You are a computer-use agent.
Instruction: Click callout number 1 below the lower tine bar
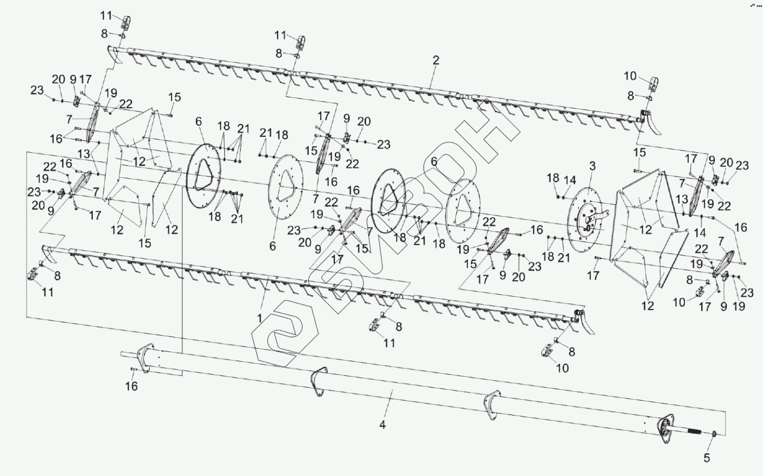pyautogui.click(x=259, y=319)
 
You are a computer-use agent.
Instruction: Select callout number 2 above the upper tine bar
pyautogui.click(x=436, y=61)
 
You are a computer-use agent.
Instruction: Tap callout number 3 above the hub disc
pyautogui.click(x=593, y=166)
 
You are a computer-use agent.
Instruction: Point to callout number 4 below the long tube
pyautogui.click(x=382, y=424)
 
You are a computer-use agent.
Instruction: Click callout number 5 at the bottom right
pyautogui.click(x=707, y=458)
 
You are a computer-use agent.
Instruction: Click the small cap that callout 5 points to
pyautogui.click(x=715, y=434)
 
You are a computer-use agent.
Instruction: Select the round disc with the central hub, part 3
pyautogui.click(x=585, y=220)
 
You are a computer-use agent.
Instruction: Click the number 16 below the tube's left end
pyautogui.click(x=131, y=386)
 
